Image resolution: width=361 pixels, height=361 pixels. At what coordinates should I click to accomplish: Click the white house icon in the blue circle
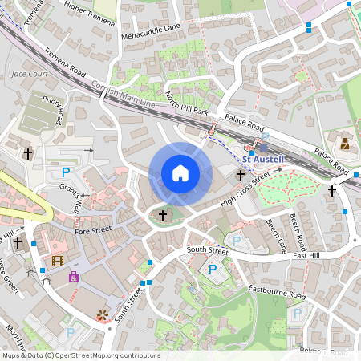(x=180, y=173)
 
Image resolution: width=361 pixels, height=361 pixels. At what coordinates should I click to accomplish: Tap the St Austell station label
(x=266, y=160)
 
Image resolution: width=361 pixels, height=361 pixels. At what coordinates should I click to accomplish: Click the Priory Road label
(x=54, y=113)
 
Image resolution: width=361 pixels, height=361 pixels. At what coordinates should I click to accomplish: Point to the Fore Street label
(x=92, y=231)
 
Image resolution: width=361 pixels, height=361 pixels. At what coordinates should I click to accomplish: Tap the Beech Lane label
(x=277, y=233)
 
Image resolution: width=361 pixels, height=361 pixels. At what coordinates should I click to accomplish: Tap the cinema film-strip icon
(x=57, y=260)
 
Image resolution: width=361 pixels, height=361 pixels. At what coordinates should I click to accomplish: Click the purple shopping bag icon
(x=74, y=278)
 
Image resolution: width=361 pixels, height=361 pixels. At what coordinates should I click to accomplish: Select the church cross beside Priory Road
(x=28, y=152)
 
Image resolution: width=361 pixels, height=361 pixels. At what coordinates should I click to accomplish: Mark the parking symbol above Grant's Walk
(x=66, y=172)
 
